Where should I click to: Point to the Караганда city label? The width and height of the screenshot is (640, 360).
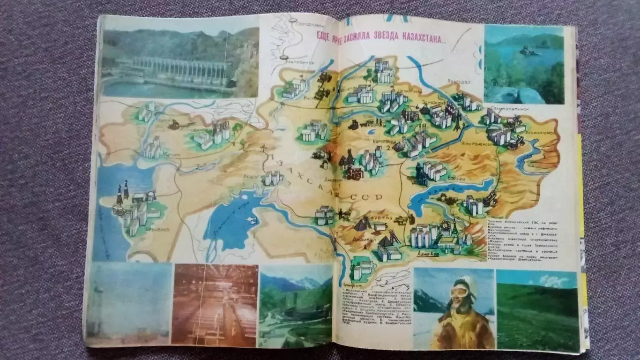[372, 140]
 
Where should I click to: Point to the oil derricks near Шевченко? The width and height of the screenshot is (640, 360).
[123, 192]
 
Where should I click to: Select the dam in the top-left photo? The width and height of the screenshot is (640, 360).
[173, 70]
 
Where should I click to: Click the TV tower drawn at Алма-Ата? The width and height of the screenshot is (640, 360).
[454, 227]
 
